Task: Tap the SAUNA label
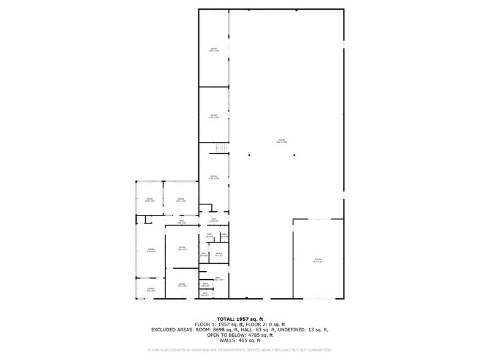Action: pyautogui.click(x=219, y=254)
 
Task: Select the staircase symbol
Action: pyautogui.click(x=220, y=148)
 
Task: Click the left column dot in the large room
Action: pyautogui.click(x=249, y=154)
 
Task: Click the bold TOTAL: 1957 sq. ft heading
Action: pyautogui.click(x=240, y=319)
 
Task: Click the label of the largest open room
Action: pyautogui.click(x=282, y=141)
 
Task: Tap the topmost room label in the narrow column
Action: pyautogui.click(x=214, y=50)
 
